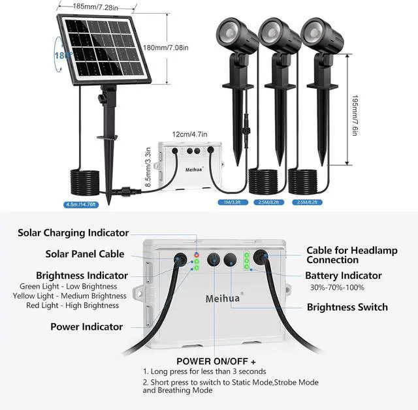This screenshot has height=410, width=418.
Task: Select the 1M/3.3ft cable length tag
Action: (x=230, y=202)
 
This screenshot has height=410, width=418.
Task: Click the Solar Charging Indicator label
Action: (x=73, y=232)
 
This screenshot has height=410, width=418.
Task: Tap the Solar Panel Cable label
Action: (x=85, y=254)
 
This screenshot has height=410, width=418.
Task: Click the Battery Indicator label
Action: (x=344, y=276)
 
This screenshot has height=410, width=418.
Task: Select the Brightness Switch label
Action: (x=347, y=307)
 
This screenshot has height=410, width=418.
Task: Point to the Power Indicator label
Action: (x=86, y=326)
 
